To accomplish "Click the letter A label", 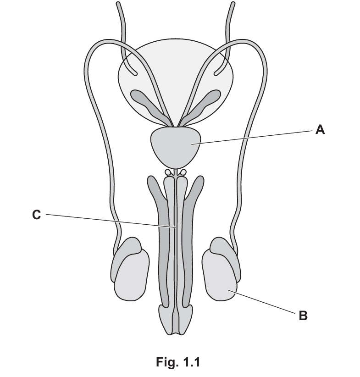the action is click(320, 130).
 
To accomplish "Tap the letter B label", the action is click(303, 316).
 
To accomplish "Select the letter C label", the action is click(36, 215).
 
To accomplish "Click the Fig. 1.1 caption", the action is click(178, 361).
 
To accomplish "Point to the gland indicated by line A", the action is click(175, 147).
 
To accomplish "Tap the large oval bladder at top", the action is click(175, 82).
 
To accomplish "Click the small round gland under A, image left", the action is click(167, 172).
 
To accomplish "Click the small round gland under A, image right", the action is click(183, 172).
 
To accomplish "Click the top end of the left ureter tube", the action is click(118, 4).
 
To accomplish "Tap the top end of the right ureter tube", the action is click(233, 4).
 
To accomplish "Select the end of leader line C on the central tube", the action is click(175, 227).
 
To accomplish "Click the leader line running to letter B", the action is click(261, 302).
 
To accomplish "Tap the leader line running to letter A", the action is click(252, 137).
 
